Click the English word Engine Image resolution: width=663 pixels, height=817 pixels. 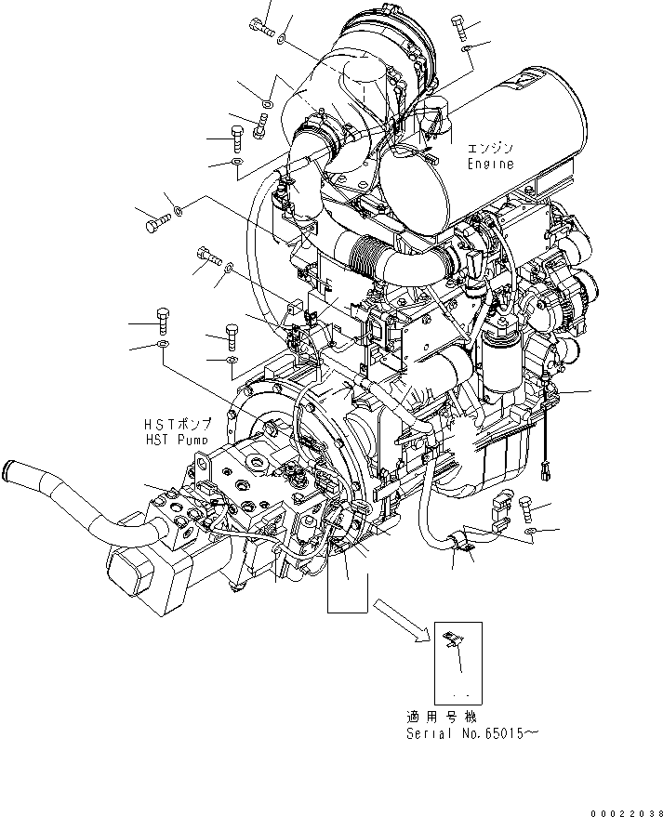(x=490, y=164)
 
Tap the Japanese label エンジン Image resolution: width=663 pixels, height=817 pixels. (x=489, y=148)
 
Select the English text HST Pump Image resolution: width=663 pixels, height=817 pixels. (x=175, y=438)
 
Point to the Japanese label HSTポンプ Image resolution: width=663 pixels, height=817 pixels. (x=177, y=423)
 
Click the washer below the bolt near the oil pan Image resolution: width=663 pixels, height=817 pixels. (x=529, y=531)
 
